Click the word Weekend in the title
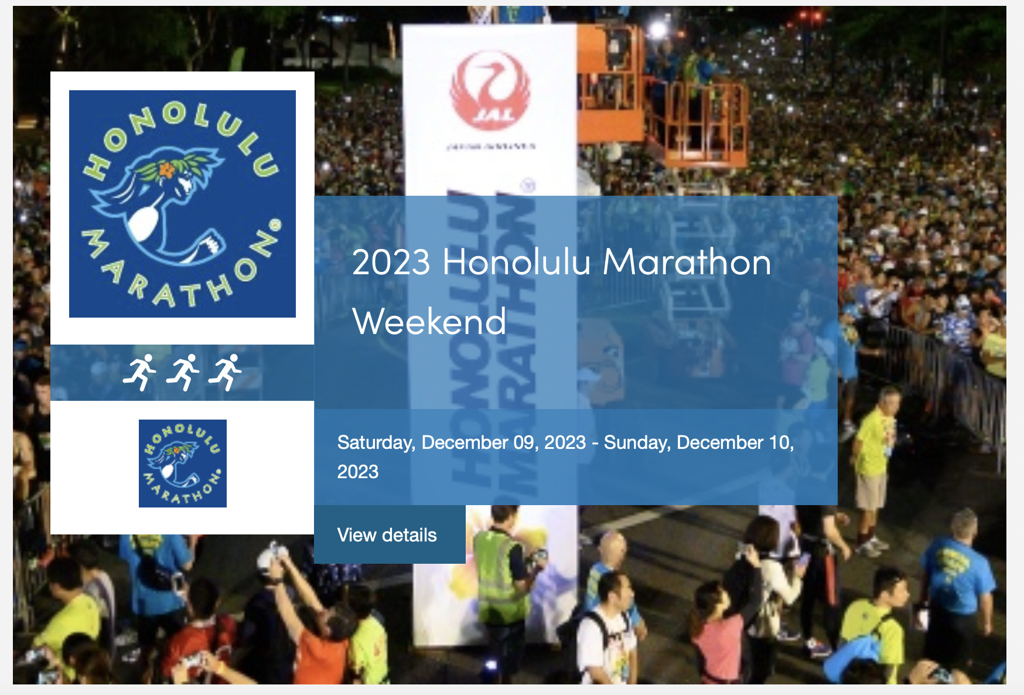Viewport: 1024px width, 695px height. click(x=429, y=322)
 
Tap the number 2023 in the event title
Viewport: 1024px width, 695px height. click(x=391, y=262)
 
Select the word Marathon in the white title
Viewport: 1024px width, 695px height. click(x=687, y=262)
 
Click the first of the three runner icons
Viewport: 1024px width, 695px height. click(x=139, y=372)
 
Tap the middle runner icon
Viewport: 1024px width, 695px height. click(x=183, y=372)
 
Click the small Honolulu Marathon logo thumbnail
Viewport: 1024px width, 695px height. click(x=183, y=464)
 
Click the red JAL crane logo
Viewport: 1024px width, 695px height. click(x=490, y=91)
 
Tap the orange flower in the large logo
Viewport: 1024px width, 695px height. click(x=167, y=170)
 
